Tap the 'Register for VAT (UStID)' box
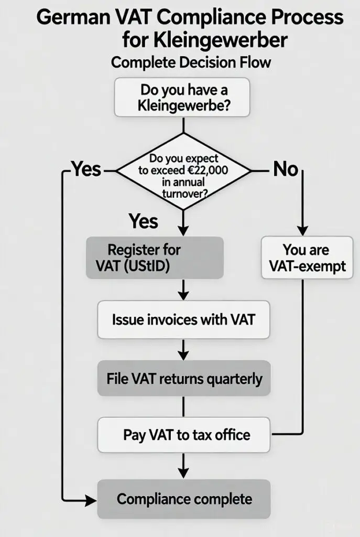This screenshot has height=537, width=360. [x=155, y=257]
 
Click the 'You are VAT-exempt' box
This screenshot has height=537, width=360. [x=307, y=257]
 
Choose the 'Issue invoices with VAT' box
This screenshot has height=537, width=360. [x=183, y=319]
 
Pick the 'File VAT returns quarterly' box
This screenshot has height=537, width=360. [x=183, y=378]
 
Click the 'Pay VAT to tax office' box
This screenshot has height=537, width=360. [x=183, y=435]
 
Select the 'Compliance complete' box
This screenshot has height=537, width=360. [x=183, y=499]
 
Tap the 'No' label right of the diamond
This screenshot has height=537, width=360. [x=286, y=169]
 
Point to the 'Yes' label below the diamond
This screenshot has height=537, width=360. [x=143, y=221]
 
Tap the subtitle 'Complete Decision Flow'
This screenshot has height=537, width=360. [x=191, y=62]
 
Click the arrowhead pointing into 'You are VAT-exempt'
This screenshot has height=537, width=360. [x=301, y=231]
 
